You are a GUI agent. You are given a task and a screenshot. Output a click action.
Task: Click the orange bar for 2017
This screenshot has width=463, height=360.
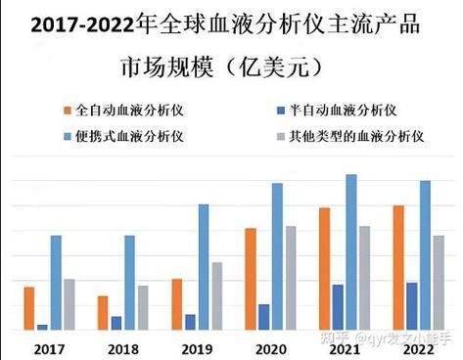pyautogui.click(x=29, y=308)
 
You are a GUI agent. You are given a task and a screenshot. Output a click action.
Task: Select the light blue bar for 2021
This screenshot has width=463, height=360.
pyautogui.click(x=350, y=252)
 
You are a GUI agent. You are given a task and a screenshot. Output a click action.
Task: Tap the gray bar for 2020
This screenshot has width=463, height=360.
pyautogui.click(x=290, y=279)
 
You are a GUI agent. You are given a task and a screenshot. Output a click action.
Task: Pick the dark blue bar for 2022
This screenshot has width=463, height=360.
pyautogui.click(x=411, y=306)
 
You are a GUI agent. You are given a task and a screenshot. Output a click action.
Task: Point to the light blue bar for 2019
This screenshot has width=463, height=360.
pyautogui.click(x=204, y=267)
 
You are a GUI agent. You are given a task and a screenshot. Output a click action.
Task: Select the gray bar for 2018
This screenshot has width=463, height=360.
pyautogui.click(x=143, y=308)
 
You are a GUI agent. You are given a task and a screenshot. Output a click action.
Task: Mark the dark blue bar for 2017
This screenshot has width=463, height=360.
pyautogui.click(x=42, y=327)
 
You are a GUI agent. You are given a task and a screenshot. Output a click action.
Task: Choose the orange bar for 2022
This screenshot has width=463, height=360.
pyautogui.click(x=398, y=268)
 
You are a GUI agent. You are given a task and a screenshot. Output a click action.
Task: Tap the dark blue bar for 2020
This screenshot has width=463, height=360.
pyautogui.click(x=263, y=317)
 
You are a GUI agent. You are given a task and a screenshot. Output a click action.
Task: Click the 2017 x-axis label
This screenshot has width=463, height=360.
pyautogui.click(x=49, y=349)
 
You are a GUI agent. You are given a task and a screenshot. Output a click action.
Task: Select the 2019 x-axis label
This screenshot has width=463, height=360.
pyautogui.click(x=197, y=349)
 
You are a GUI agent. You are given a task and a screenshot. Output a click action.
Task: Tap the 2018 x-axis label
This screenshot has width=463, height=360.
pyautogui.click(x=123, y=349)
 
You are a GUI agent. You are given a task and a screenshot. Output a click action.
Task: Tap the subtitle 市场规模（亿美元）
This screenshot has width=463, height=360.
pyautogui.click(x=231, y=69)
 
